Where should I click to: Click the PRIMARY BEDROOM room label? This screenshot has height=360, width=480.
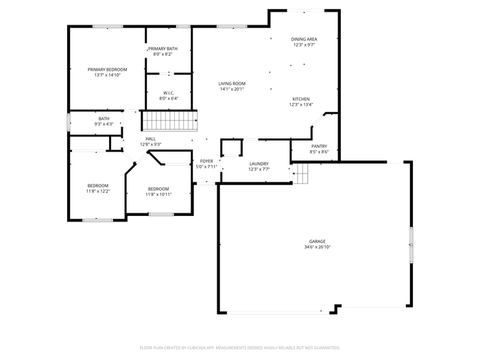(x=107, y=69)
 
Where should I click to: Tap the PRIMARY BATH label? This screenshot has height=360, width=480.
(x=163, y=49)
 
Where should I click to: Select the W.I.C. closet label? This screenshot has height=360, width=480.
(x=169, y=93)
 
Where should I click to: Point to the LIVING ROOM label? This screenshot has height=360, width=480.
(x=232, y=84)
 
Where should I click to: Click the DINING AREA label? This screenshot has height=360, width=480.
(x=304, y=39)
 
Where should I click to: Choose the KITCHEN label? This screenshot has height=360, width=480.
(x=301, y=99)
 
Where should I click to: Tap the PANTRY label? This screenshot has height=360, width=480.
(x=319, y=146)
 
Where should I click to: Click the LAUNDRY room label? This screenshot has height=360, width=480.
(x=259, y=164)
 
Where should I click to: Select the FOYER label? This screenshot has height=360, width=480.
(x=206, y=161)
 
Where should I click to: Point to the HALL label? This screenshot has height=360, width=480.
(x=150, y=139)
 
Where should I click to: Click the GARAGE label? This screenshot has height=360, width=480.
(x=317, y=241)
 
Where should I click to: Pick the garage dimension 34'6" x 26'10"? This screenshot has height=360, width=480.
(x=317, y=247)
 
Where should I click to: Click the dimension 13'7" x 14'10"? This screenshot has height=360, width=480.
(x=107, y=75)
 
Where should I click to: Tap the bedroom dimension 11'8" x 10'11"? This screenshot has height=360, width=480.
(x=158, y=194)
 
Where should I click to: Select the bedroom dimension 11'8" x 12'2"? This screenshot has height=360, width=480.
(x=98, y=191)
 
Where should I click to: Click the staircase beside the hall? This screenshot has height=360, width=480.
(x=169, y=121)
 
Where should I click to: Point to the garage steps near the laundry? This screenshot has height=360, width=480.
(x=300, y=173)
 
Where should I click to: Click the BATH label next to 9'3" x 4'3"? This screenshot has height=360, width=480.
(x=104, y=119)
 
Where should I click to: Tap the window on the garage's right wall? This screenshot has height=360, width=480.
(x=411, y=245)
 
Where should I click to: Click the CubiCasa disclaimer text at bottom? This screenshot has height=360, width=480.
(x=240, y=348)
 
